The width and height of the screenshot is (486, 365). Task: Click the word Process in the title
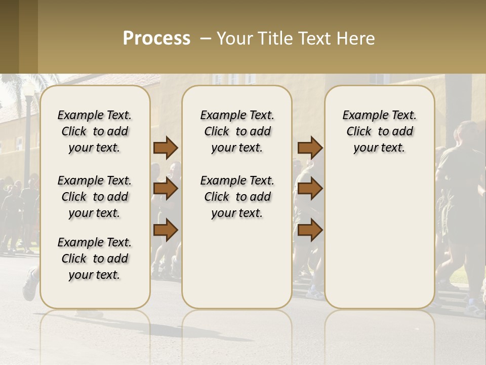[156, 39]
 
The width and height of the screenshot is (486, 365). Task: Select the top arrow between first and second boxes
[166, 148]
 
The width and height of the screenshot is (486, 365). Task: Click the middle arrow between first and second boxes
[166, 189]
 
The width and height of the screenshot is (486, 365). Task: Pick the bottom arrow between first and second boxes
[166, 230]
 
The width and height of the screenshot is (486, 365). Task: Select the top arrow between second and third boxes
[310, 148]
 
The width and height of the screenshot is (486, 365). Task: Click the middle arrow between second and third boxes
[310, 189]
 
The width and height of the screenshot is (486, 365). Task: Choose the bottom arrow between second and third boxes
[310, 230]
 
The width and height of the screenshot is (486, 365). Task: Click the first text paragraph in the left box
[95, 131]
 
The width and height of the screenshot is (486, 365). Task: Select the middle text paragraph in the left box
[95, 197]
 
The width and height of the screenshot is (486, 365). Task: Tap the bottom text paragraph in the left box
[95, 259]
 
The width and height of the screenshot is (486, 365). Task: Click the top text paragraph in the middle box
[237, 131]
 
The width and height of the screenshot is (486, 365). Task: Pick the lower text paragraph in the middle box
[237, 197]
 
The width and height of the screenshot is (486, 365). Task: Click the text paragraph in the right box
[379, 131]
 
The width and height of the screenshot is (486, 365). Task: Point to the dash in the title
[206, 39]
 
